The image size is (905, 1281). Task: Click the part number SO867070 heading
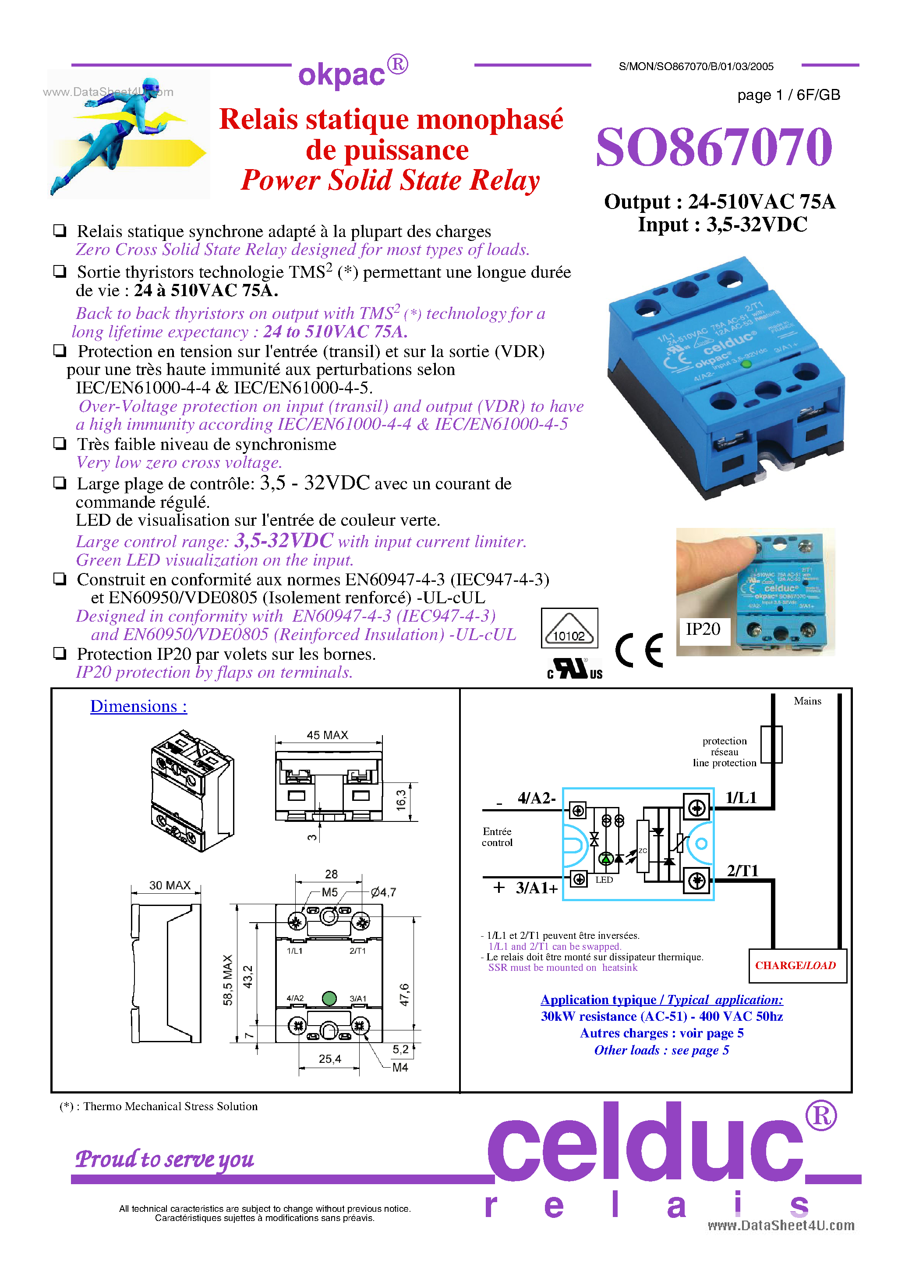point(714,147)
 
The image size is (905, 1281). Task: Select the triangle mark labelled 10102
point(569,629)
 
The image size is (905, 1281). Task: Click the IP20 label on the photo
point(703,630)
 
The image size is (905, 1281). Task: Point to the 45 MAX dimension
point(328,735)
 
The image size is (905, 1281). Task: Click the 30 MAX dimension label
point(170,885)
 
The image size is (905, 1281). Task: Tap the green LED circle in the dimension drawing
point(329,998)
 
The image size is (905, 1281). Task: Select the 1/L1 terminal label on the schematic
point(741,797)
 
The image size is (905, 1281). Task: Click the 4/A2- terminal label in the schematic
point(536,798)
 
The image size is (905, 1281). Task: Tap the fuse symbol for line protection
point(772,744)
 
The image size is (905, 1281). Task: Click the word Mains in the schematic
point(807,701)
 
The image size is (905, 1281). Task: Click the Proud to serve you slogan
point(165,1159)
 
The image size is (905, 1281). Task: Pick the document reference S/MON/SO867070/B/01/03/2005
point(696,67)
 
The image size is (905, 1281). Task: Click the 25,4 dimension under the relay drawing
point(330,1059)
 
